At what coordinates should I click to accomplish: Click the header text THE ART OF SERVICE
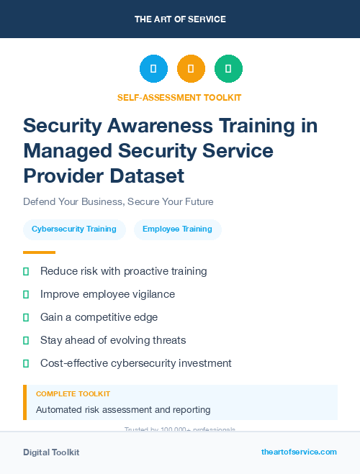pos(180,19)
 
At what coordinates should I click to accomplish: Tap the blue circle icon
pos(153,69)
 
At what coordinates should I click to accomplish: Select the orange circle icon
pos(191,69)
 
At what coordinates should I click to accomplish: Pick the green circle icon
pos(228,69)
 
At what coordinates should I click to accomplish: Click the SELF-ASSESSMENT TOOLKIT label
pos(179,97)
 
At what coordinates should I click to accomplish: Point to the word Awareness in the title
pos(168,126)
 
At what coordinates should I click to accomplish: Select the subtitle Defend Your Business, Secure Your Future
pos(118,201)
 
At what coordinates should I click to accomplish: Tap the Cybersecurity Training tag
pos(74,229)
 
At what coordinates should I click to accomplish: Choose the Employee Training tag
pos(177,229)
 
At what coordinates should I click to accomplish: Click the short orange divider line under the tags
pos(39,252)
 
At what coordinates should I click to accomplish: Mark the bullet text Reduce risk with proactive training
pos(123,271)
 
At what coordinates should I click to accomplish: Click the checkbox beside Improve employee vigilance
pos(26,294)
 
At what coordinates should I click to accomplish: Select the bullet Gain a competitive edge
pos(99,317)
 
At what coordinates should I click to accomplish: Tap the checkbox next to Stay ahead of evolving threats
pos(26,340)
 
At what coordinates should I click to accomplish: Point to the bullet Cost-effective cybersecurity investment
pos(135,363)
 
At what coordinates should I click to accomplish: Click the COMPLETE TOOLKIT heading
pos(73,394)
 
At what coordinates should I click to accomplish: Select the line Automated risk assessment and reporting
pos(122,410)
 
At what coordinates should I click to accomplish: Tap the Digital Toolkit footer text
pos(51,452)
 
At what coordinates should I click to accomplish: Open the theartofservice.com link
pos(299,452)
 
